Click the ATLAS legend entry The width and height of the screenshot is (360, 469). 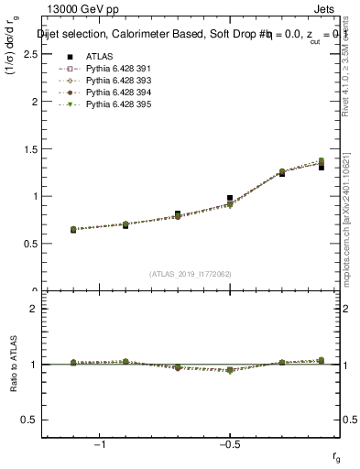[99, 57]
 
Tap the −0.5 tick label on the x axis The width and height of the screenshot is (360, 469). [229, 443]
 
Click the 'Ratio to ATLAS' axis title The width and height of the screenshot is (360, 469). [13, 364]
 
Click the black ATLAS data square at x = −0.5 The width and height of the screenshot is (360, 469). [230, 198]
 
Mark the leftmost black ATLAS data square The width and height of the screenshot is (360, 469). [73, 230]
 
